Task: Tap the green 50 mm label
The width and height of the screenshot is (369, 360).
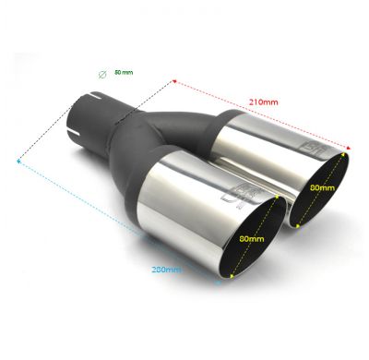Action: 123,72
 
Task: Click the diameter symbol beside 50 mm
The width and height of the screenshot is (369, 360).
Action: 101,73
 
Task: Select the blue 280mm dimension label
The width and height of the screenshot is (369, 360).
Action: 168,270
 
